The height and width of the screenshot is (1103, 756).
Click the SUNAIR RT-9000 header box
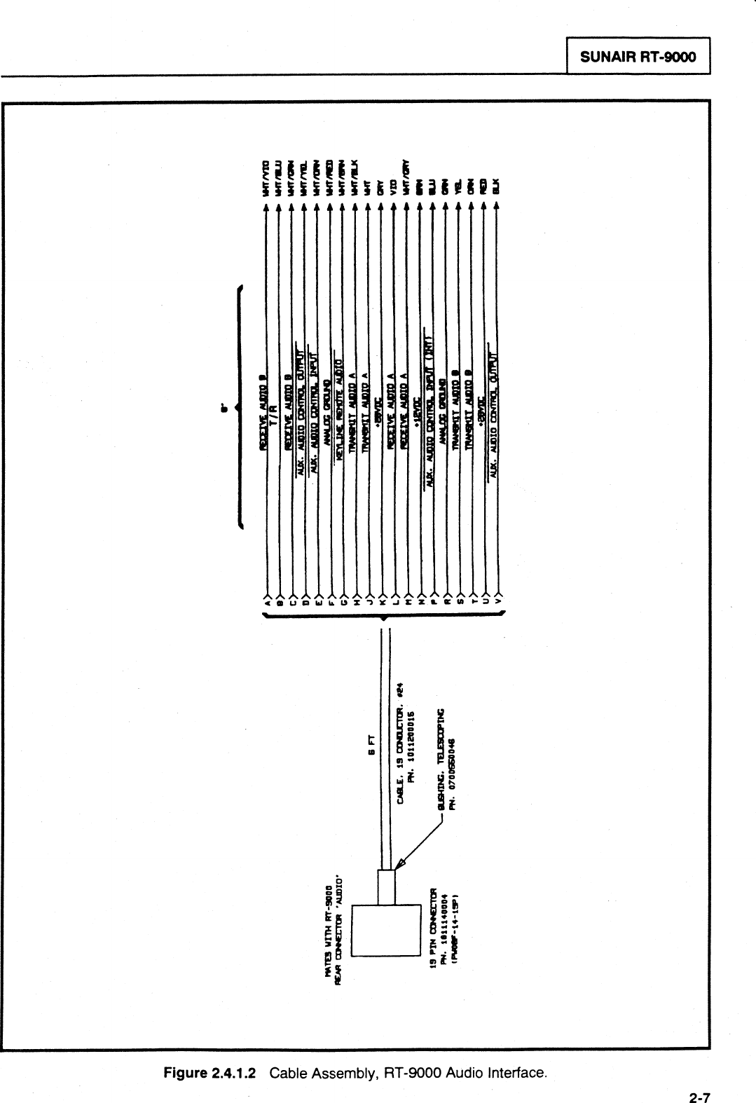coord(638,56)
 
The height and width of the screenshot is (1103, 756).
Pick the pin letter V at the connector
coord(497,601)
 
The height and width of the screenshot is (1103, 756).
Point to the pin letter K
coord(382,601)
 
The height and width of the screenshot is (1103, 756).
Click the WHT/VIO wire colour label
coord(266,178)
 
